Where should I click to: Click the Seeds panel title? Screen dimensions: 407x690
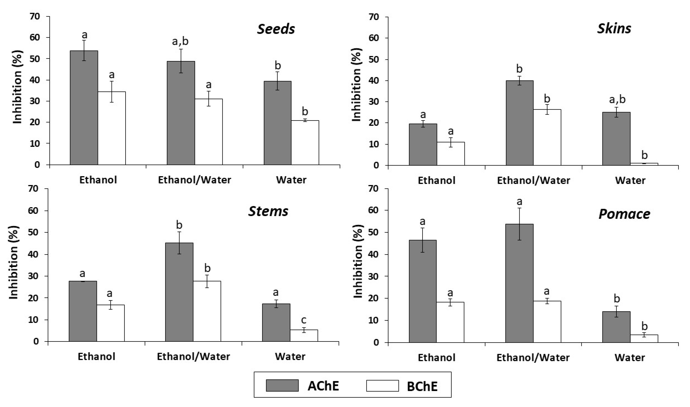pyautogui.click(x=276, y=29)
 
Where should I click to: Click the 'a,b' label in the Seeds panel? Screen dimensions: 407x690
pyautogui.click(x=180, y=41)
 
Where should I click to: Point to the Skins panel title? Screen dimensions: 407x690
pyautogui.click(x=614, y=29)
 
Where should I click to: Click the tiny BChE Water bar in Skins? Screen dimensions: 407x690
pyautogui.click(x=644, y=164)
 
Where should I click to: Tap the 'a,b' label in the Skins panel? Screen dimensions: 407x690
pyautogui.click(x=617, y=99)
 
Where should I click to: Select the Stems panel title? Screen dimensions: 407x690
pyautogui.click(x=268, y=211)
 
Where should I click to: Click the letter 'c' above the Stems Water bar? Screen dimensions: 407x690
pyautogui.click(x=304, y=320)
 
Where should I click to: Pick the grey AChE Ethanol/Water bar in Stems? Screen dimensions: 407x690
pyautogui.click(x=179, y=292)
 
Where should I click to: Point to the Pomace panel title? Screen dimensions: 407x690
pyautogui.click(x=624, y=214)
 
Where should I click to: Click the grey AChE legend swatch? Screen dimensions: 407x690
pyautogui.click(x=282, y=385)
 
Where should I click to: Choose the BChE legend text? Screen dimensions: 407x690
pyautogui.click(x=422, y=386)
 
